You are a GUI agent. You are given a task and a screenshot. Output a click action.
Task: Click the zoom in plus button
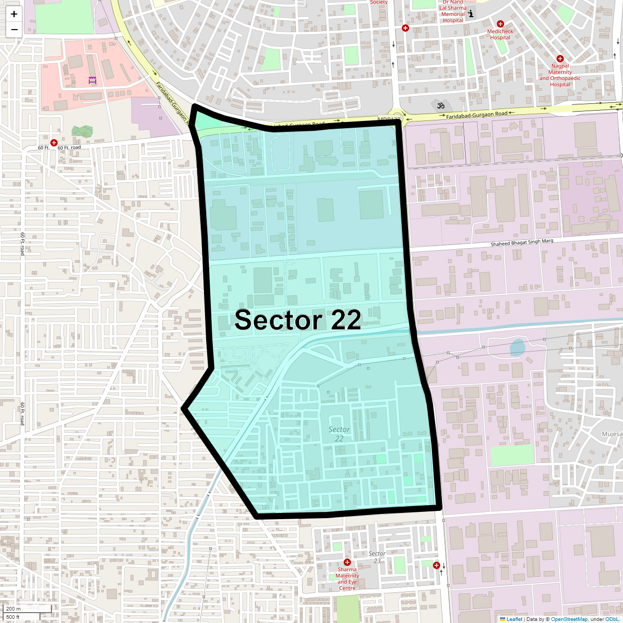[x=14, y=14]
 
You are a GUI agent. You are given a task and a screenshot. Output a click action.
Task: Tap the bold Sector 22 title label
[x=297, y=320]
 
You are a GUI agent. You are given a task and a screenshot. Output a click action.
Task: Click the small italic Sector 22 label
[x=339, y=434]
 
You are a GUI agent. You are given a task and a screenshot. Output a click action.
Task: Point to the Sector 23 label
[x=377, y=557]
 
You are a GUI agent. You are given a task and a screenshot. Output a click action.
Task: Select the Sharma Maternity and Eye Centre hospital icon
[x=347, y=562]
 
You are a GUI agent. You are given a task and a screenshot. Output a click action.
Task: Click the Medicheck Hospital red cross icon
[x=500, y=24]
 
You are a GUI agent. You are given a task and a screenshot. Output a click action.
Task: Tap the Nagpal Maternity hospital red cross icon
[x=560, y=59]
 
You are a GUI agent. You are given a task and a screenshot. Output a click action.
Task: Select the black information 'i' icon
[x=471, y=14]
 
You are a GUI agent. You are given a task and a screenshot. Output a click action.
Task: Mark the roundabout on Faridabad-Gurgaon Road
[x=397, y=117]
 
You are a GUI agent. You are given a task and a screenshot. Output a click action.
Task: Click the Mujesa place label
[x=612, y=434]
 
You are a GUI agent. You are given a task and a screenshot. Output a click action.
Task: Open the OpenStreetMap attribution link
[x=569, y=619]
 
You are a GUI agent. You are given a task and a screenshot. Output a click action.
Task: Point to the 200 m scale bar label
[x=14, y=608]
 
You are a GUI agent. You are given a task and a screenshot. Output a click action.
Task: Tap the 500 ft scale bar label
[x=13, y=617]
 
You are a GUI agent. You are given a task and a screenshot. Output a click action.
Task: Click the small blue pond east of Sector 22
[x=517, y=347]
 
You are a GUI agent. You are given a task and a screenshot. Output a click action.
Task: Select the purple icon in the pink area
[x=92, y=80]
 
